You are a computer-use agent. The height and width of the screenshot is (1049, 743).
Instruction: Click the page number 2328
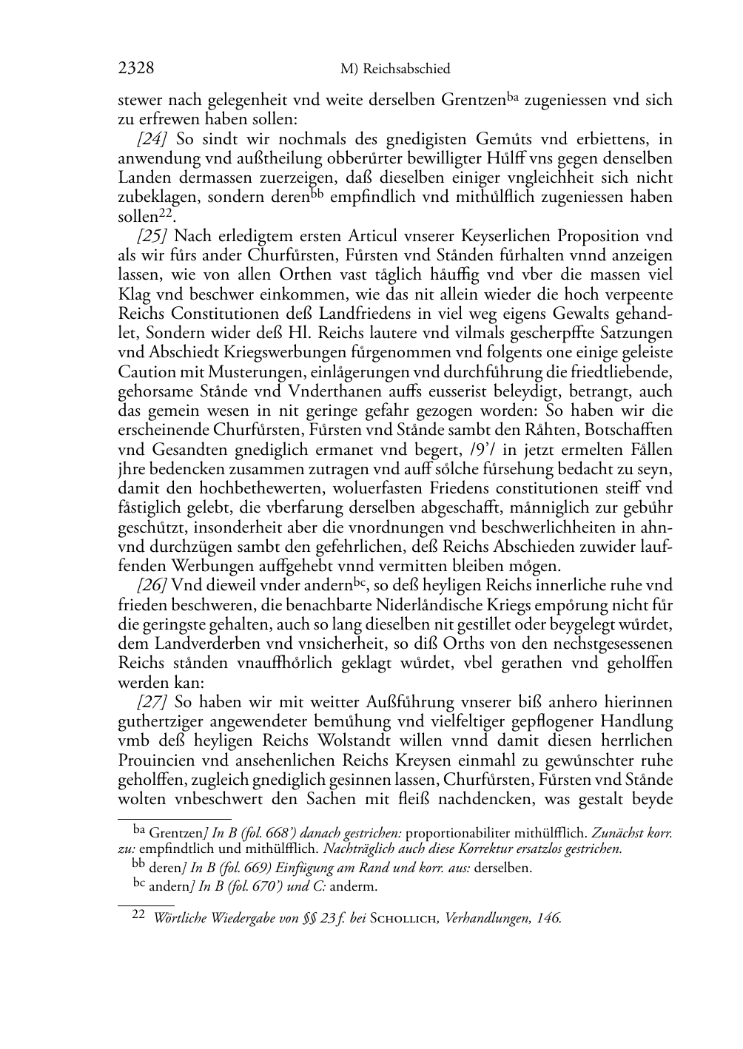[135, 69]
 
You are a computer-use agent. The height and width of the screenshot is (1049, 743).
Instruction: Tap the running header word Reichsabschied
[406, 70]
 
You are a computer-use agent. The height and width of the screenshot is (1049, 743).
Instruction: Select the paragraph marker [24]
[149, 139]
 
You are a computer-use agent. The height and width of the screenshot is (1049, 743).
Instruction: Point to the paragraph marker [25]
[149, 236]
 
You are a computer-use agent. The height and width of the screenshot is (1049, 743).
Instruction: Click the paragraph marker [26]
[149, 585]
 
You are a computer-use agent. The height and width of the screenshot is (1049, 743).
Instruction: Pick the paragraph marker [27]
[149, 702]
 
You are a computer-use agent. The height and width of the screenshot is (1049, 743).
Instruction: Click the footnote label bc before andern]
[138, 883]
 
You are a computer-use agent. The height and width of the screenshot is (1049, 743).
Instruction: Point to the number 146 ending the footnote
[549, 919]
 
